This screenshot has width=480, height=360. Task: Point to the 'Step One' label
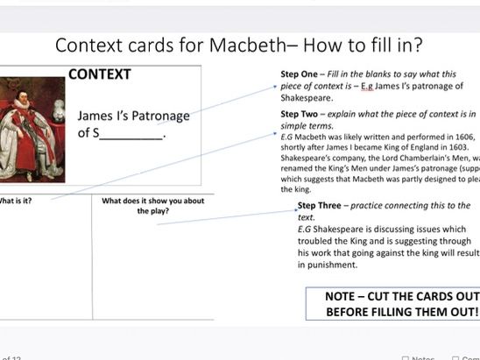tap(300, 74)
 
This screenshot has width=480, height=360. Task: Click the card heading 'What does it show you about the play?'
tap(152, 206)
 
